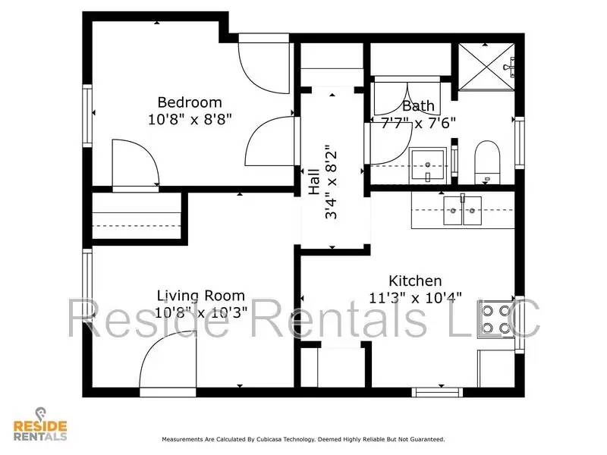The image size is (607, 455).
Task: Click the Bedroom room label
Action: point(189,102)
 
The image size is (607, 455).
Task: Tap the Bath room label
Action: point(418,105)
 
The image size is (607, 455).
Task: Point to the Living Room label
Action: point(200,296)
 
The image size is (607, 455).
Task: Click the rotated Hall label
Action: point(313,182)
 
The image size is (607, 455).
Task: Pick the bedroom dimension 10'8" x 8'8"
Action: point(189,119)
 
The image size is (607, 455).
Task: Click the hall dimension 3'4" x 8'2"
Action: point(332,182)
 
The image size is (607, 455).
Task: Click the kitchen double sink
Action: point(462,210)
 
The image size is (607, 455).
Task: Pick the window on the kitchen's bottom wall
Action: point(437,392)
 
